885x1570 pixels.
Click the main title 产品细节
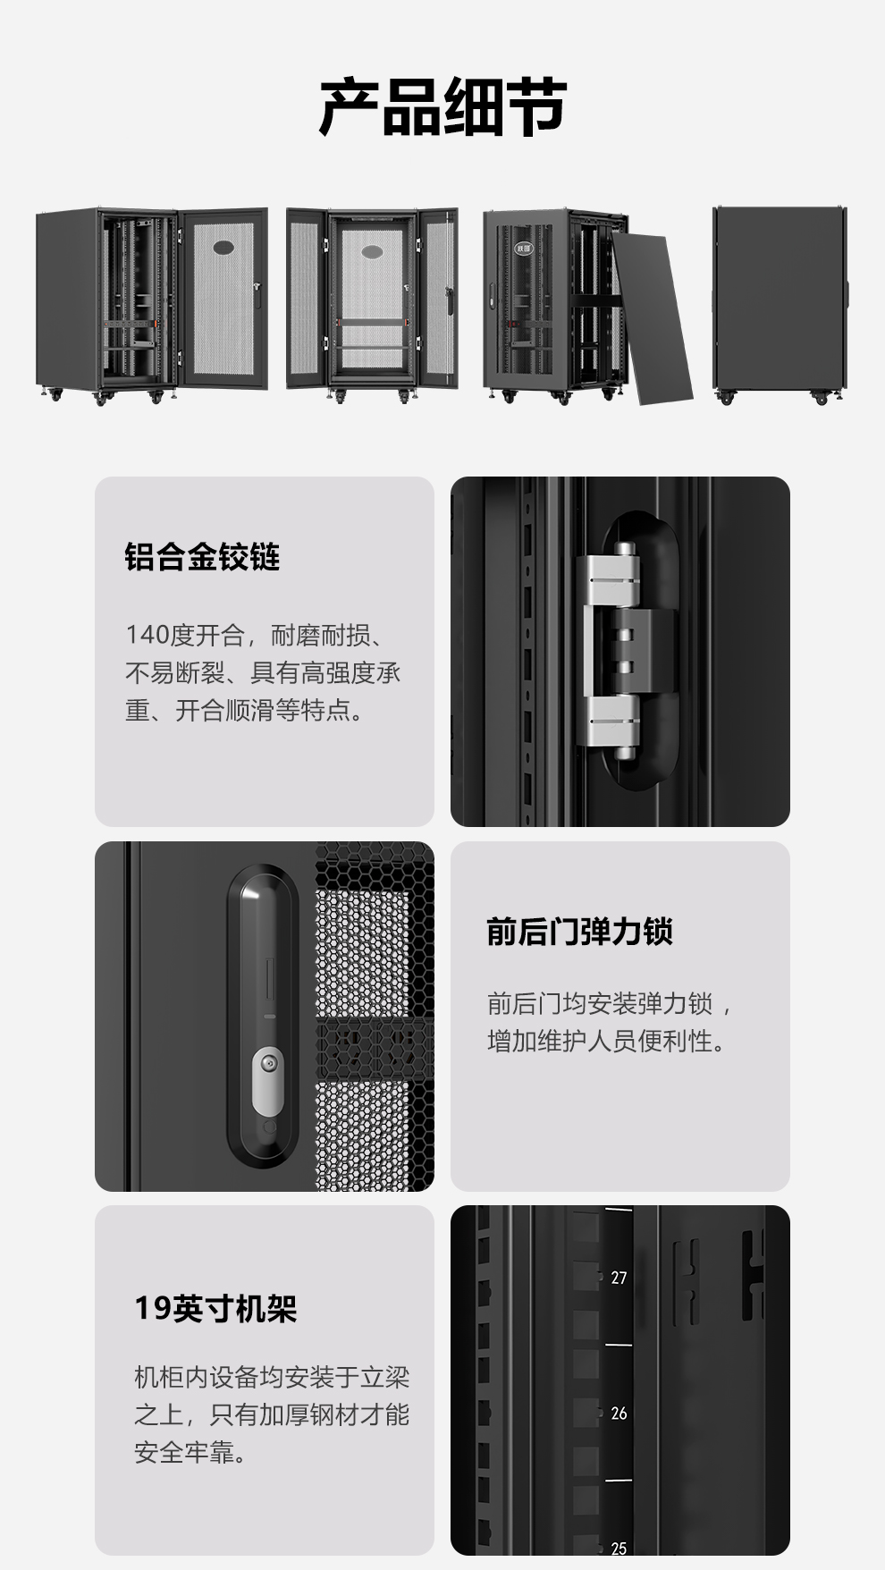pyautogui.click(x=442, y=107)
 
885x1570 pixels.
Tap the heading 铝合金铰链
pyautogui.click(x=203, y=557)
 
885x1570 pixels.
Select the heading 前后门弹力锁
pyautogui.click(x=579, y=932)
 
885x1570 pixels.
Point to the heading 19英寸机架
pyautogui.click(x=215, y=1309)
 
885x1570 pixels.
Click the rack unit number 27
pyautogui.click(x=619, y=1279)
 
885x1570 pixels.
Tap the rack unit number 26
pyautogui.click(x=619, y=1414)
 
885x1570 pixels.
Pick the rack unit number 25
pyautogui.click(x=619, y=1549)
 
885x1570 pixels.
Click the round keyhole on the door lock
pyautogui.click(x=267, y=1063)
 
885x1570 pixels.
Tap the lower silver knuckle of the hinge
pyautogui.click(x=613, y=722)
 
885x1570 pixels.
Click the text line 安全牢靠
pyautogui.click(x=190, y=1452)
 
